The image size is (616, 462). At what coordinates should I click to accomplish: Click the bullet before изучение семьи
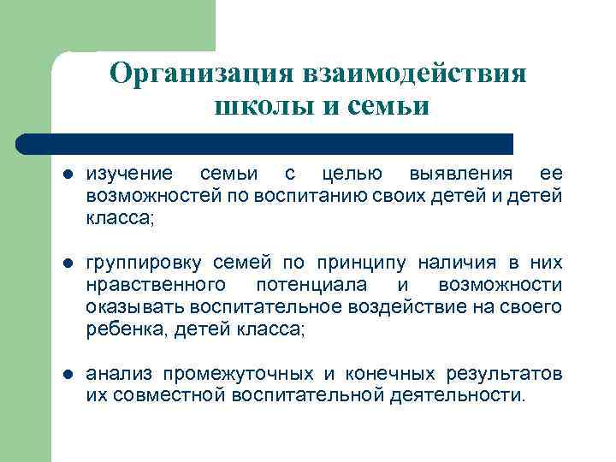click(x=68, y=175)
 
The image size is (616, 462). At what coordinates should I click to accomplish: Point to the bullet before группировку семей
click(x=68, y=261)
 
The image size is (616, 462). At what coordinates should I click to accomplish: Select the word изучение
click(x=127, y=175)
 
